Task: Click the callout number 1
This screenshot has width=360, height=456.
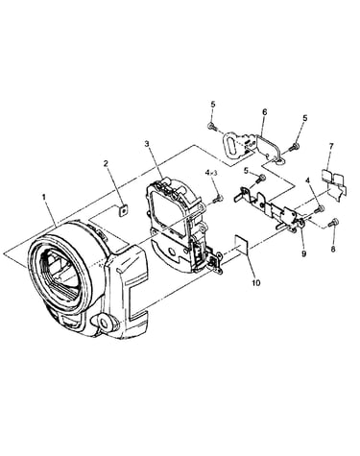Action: tap(44, 198)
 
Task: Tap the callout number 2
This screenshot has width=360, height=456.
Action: tap(106, 163)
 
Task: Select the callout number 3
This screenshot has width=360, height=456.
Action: tap(147, 144)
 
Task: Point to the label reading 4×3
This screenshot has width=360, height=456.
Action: tap(211, 173)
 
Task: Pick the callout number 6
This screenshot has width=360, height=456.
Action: tap(264, 111)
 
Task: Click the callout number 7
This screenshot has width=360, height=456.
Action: tap(331, 147)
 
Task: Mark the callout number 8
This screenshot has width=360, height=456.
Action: tap(333, 249)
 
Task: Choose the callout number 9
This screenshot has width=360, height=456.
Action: tap(303, 253)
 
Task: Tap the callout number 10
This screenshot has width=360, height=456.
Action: tap(256, 282)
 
